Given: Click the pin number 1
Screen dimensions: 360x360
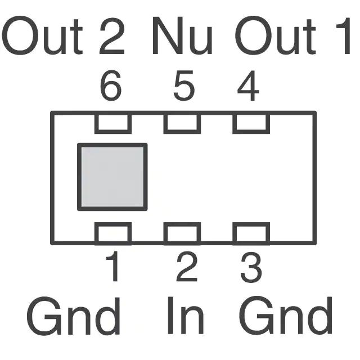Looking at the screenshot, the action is [x=114, y=268].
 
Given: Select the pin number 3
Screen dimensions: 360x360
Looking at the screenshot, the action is [x=251, y=268].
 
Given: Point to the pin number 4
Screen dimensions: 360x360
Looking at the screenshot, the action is [x=248, y=88].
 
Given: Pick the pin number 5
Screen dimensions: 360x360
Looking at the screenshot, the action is [x=183, y=88].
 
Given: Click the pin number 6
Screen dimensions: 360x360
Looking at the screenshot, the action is [x=111, y=88].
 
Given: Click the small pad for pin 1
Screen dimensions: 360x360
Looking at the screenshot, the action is [x=113, y=233].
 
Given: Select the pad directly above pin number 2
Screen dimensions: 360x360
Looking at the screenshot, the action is [x=182, y=233].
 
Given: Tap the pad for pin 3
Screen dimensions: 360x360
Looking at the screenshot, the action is [x=251, y=233].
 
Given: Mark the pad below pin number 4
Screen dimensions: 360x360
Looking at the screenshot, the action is [x=251, y=123].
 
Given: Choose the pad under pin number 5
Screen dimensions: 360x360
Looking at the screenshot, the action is [x=182, y=123].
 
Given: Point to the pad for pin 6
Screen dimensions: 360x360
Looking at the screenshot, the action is [x=113, y=123].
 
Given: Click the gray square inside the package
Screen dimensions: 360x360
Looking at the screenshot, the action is [x=112, y=177].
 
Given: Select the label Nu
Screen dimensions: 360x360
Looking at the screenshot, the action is [x=182, y=37].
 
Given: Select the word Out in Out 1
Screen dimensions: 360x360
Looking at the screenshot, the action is [x=275, y=37].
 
